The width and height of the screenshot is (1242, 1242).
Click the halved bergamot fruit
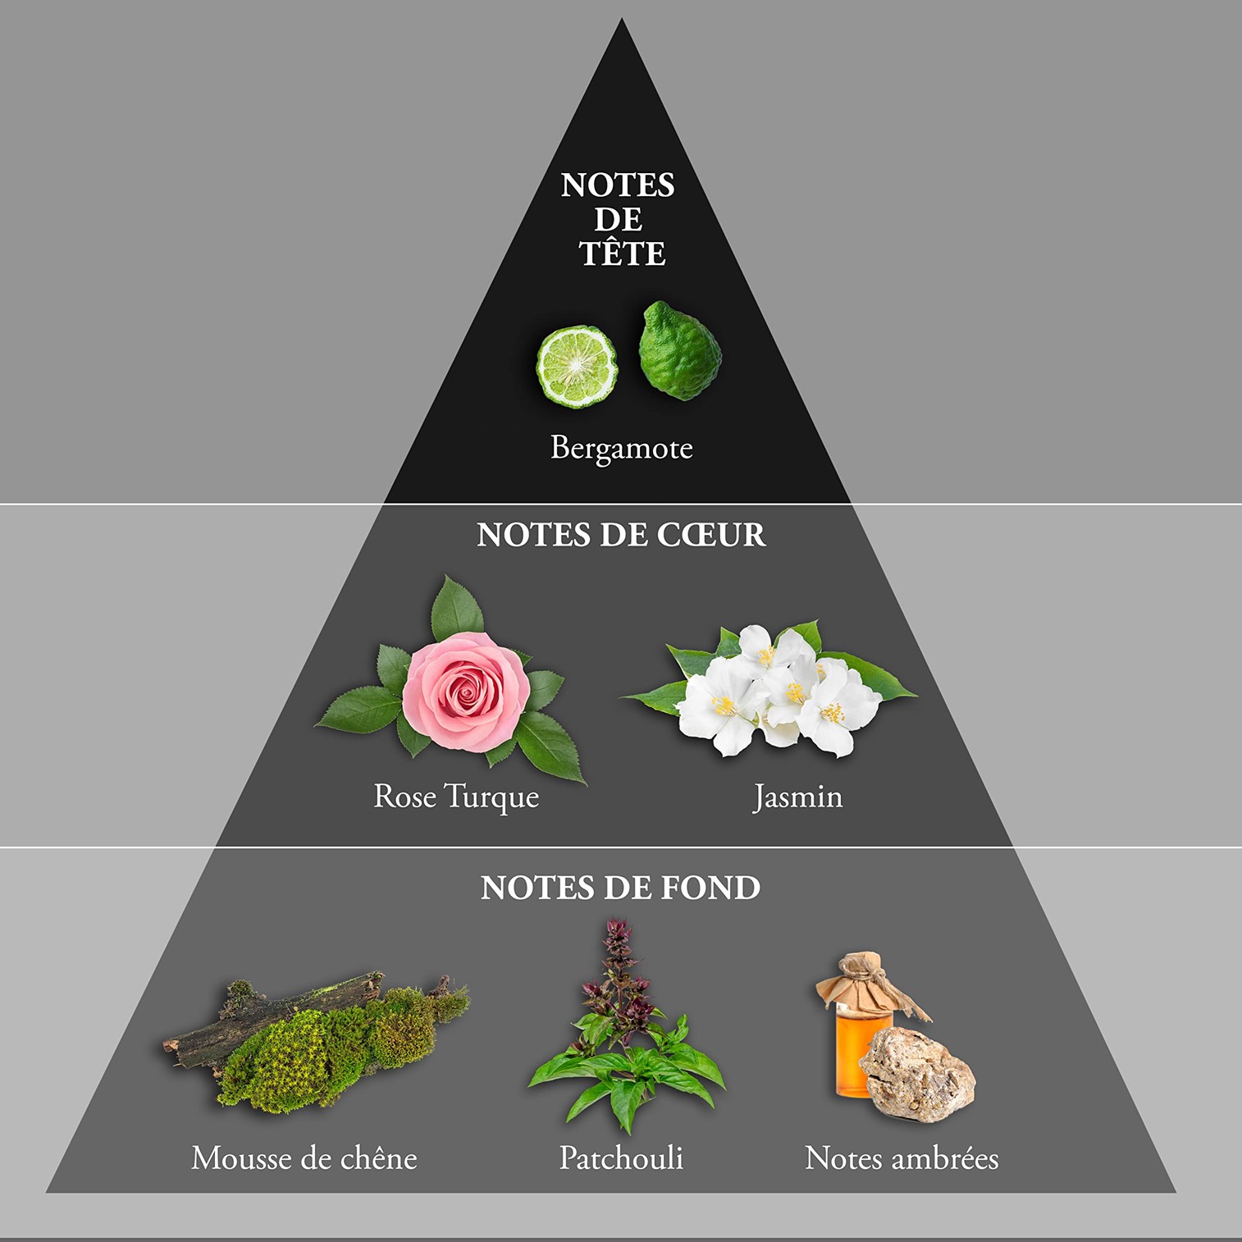click(x=577, y=367)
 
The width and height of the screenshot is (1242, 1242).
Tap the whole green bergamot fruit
click(x=680, y=350)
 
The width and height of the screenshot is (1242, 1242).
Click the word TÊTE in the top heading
click(x=622, y=253)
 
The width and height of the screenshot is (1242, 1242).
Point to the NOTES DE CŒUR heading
click(x=621, y=535)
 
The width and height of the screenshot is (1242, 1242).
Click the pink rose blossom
click(x=465, y=690)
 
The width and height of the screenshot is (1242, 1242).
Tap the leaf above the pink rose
click(x=457, y=608)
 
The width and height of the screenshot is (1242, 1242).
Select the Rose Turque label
click(x=456, y=797)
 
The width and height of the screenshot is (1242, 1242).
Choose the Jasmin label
click(x=797, y=797)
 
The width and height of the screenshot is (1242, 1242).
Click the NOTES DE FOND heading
click(x=620, y=888)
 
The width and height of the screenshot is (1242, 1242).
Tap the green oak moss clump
click(x=328, y=1050)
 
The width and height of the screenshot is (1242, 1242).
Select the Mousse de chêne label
click(x=304, y=1158)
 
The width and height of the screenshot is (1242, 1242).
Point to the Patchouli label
click(x=621, y=1158)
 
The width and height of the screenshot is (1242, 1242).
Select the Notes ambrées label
click(x=902, y=1158)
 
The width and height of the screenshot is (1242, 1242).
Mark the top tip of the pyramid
click(x=622, y=18)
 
